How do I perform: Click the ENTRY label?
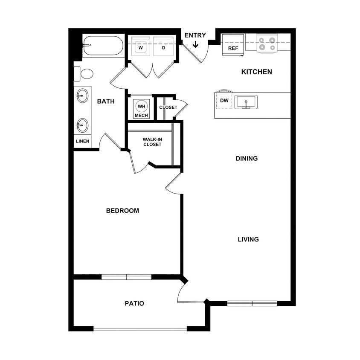pyautogui.click(x=195, y=35)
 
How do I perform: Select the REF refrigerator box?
pyautogui.click(x=233, y=45)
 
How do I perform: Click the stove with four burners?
pyautogui.click(x=267, y=44)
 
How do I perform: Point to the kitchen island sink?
pyautogui.click(x=246, y=102)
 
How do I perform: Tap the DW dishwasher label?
pyautogui.click(x=224, y=101)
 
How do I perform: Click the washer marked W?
pyautogui.click(x=140, y=48)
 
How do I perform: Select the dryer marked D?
pyautogui.click(x=163, y=48)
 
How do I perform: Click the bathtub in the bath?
pyautogui.click(x=103, y=46)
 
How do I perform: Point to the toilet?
pyautogui.click(x=85, y=74)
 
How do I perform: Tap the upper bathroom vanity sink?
pyautogui.click(x=82, y=96)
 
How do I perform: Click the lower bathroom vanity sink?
pyautogui.click(x=82, y=125)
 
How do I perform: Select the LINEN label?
pyautogui.click(x=82, y=141)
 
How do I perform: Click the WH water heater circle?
pyautogui.click(x=140, y=106)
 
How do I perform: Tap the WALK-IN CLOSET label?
pyautogui.click(x=152, y=142)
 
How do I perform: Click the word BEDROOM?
pyautogui.click(x=122, y=211)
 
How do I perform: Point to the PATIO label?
pyautogui.click(x=134, y=304)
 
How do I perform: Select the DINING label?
pyautogui.click(x=247, y=159)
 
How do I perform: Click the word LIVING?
pyautogui.click(x=248, y=239)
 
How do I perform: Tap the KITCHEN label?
pyautogui.click(x=256, y=72)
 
